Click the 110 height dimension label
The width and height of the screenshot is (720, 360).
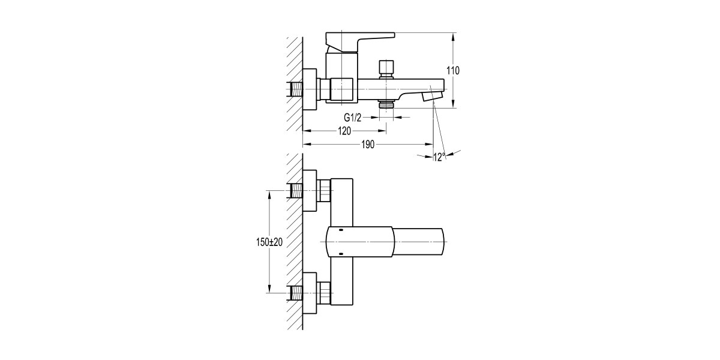click(x=453, y=71)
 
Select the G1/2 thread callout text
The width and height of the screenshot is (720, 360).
click(x=353, y=117)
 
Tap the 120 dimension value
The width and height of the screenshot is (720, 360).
click(x=344, y=131)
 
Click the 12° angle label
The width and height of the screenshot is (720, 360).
click(x=439, y=157)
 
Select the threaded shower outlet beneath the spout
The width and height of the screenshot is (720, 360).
click(x=386, y=104)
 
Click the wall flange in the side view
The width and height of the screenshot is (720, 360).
click(x=309, y=90)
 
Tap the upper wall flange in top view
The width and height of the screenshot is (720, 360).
click(x=309, y=191)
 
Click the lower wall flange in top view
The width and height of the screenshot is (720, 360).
click(x=309, y=292)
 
